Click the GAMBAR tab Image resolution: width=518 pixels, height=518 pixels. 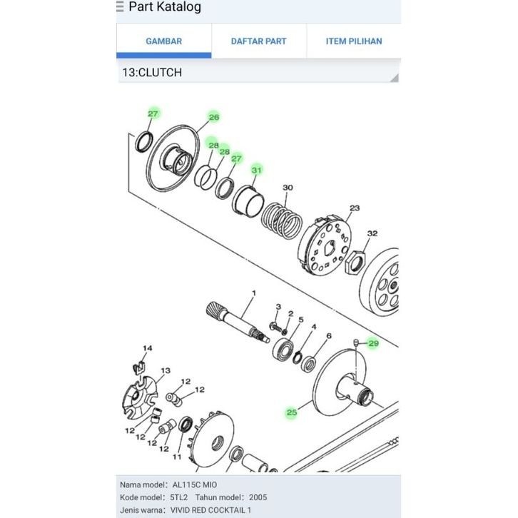click(x=164, y=41)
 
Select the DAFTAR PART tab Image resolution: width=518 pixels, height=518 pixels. click(x=259, y=41)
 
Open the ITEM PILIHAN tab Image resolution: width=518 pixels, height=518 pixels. click(x=354, y=41)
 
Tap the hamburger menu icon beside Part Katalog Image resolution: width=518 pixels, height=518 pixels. click(x=120, y=6)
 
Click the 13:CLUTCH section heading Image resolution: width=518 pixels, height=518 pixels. click(x=152, y=72)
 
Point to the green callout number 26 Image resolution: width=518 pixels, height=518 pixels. click(x=214, y=117)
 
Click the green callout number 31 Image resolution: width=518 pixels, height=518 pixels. click(x=257, y=170)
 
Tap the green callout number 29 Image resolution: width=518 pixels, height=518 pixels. click(x=373, y=344)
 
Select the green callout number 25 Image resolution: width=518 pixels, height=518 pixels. click(x=292, y=412)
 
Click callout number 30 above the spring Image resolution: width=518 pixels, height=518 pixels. click(x=288, y=188)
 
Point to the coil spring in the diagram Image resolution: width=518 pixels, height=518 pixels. click(x=281, y=220)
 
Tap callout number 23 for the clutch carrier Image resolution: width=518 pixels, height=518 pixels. click(x=355, y=208)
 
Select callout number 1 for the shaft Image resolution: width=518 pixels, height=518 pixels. click(x=254, y=293)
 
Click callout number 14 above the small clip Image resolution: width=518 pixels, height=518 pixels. click(x=148, y=348)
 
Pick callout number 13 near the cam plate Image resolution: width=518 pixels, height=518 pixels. click(x=166, y=370)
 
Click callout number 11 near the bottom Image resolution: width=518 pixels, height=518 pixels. click(x=177, y=457)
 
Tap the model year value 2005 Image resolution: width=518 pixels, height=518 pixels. click(x=258, y=497)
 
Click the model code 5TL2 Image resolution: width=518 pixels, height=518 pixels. click(x=178, y=497)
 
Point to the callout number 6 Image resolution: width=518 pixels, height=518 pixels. click(x=329, y=336)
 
